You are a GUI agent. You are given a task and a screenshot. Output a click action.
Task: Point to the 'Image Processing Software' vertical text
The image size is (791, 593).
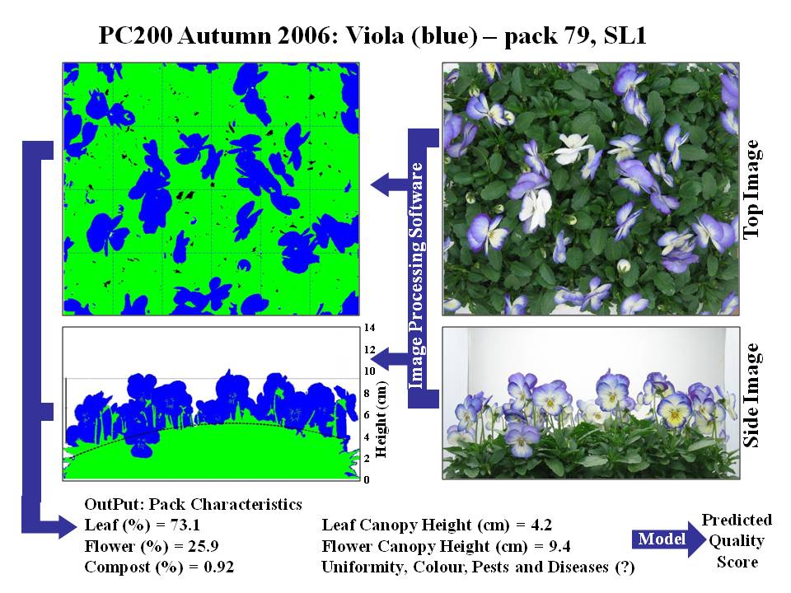pos(418,275)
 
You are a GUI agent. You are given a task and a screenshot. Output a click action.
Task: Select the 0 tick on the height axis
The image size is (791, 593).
pos(367,479)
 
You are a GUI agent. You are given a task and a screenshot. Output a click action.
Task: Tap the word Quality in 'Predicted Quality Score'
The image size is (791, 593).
pos(737,541)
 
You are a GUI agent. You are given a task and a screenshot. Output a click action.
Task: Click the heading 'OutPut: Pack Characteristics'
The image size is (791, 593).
pos(193,504)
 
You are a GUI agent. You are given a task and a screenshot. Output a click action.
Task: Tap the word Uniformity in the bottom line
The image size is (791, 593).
pos(359,567)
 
